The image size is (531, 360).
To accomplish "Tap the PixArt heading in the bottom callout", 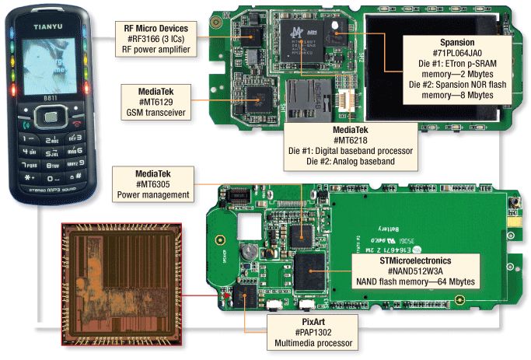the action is (x=309, y=319).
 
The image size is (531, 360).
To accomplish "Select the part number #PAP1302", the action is (x=309, y=330).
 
